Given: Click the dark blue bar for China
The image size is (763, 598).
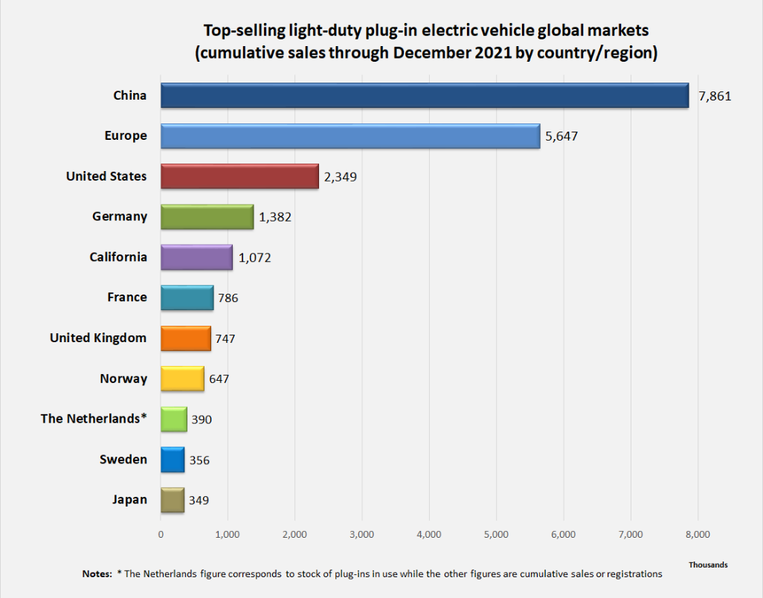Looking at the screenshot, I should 425,96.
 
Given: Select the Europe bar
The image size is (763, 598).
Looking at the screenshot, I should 350,136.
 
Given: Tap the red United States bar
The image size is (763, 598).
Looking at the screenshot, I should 239,176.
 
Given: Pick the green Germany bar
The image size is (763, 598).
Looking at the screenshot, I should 207,216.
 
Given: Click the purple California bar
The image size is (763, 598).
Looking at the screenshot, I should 196,257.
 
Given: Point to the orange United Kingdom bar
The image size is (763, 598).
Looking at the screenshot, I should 186,338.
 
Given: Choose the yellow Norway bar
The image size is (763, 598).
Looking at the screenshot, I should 182,379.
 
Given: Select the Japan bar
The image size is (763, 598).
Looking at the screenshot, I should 173,500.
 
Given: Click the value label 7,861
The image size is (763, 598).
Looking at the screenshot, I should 715,96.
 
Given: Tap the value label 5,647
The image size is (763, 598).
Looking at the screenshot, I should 561,136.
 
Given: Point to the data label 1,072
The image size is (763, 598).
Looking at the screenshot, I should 255,257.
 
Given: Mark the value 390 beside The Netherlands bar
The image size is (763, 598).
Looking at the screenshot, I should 201,419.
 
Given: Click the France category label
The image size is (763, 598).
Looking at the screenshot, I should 127,298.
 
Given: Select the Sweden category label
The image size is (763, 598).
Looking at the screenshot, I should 123,460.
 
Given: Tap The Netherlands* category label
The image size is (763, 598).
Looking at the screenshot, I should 94,419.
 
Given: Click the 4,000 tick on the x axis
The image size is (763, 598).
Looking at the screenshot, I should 429,534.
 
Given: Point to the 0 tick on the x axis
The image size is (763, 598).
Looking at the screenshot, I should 161,534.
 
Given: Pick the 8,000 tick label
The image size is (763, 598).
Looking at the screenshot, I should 698,534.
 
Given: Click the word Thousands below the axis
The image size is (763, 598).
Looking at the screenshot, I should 708,565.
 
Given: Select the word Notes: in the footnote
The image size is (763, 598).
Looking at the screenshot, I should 97,574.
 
